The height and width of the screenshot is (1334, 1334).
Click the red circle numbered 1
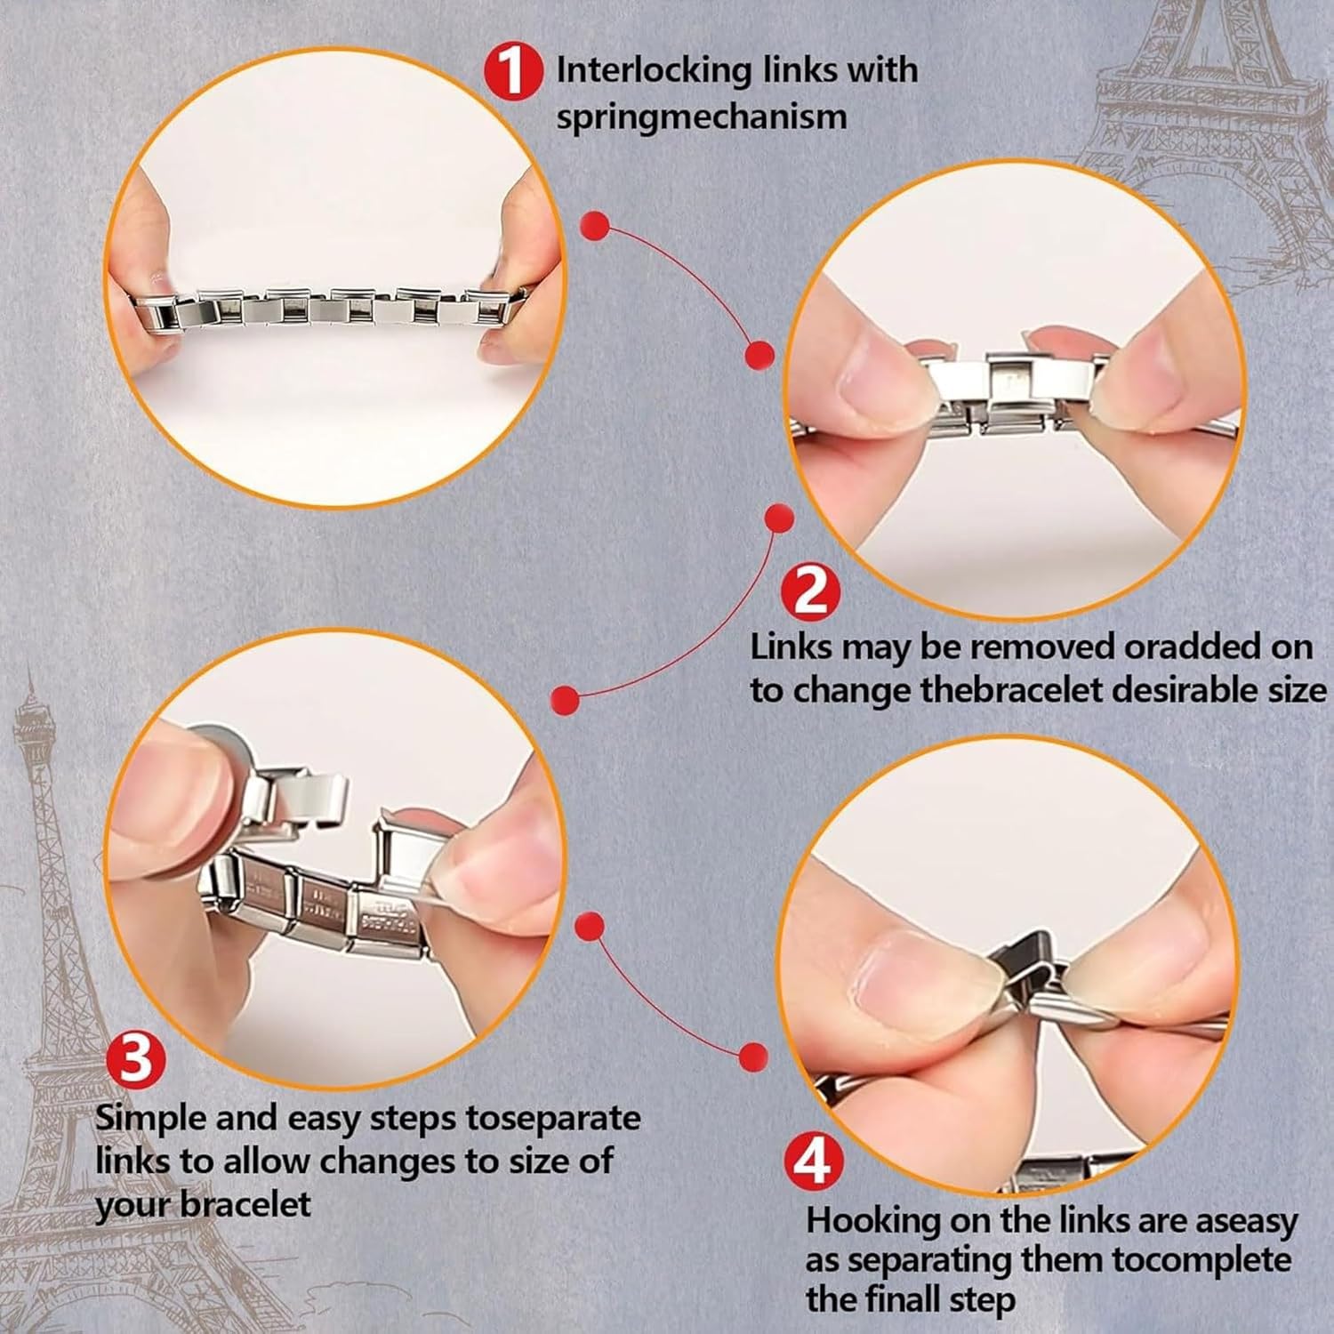tap(513, 71)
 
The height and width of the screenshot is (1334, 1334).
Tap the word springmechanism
tap(702, 117)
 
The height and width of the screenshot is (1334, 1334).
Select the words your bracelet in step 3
tap(203, 1205)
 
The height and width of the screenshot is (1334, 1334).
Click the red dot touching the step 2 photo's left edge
tap(759, 355)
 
